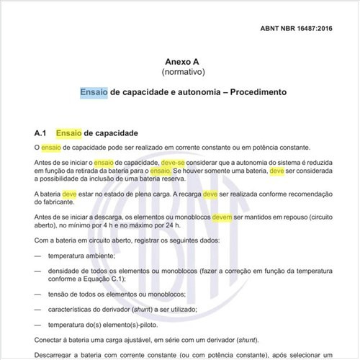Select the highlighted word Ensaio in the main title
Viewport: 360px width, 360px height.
point(94,93)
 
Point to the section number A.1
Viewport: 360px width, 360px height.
point(40,133)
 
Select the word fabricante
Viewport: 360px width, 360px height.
point(53,202)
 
